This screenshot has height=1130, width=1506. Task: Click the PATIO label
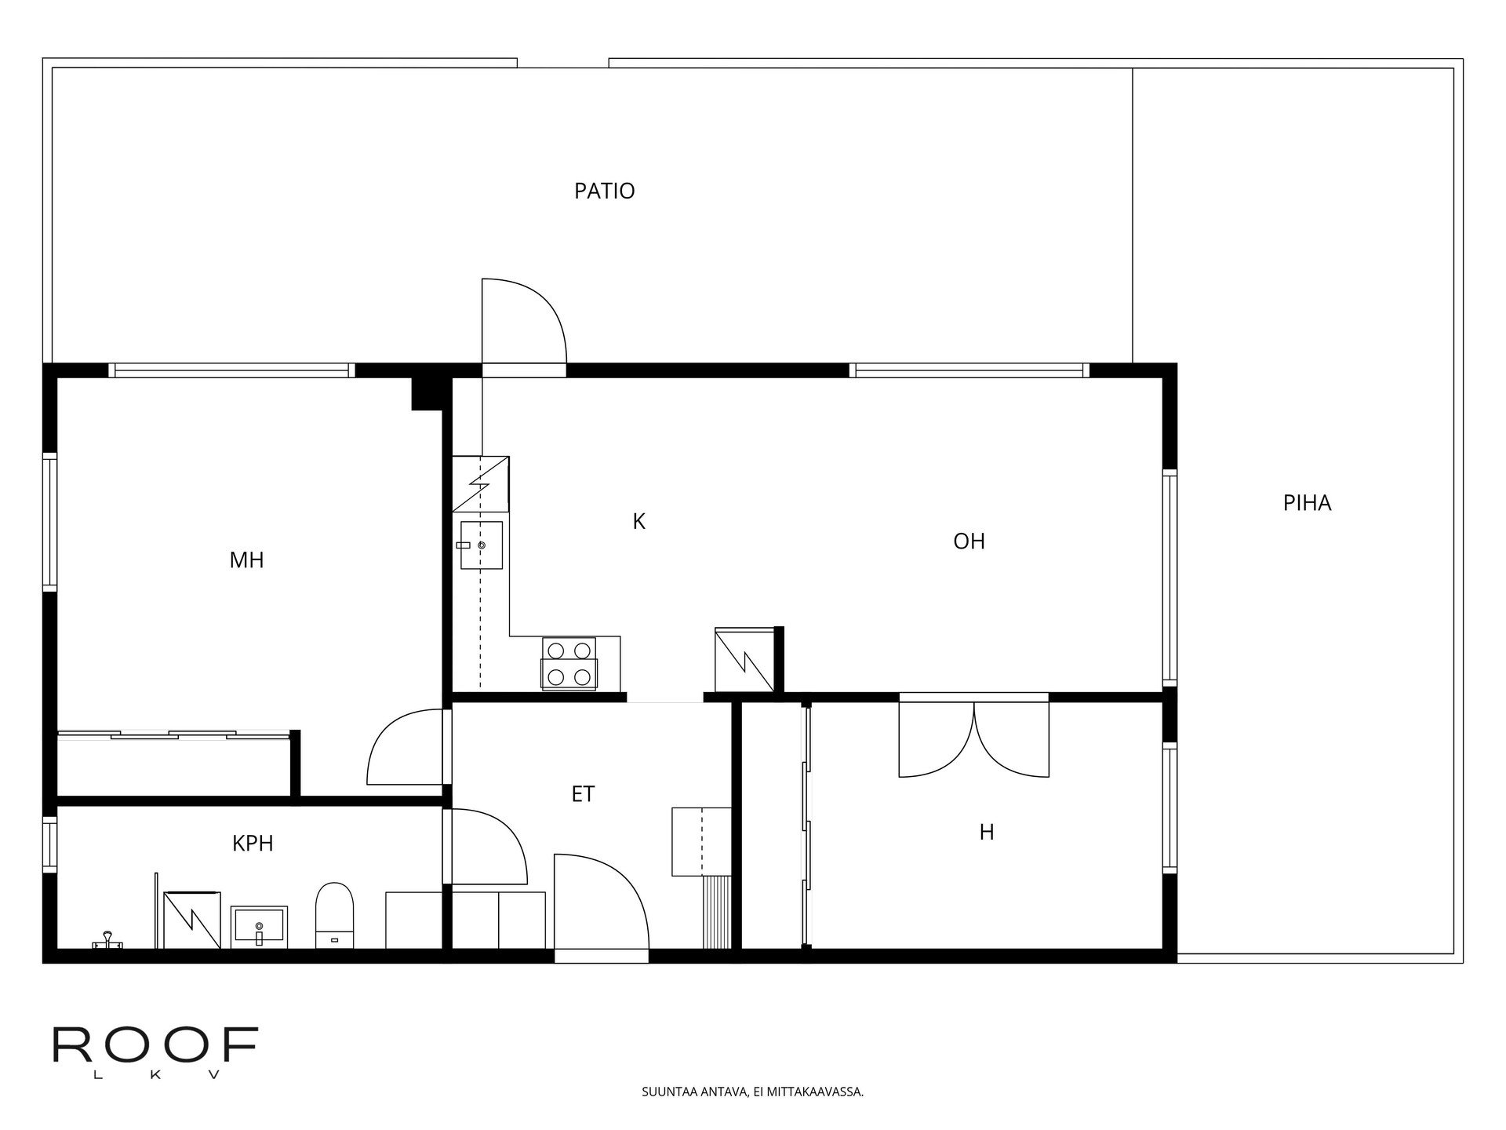click(x=604, y=191)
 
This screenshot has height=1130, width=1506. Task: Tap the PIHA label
click(x=1307, y=503)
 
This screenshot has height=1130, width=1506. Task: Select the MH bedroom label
click(x=246, y=560)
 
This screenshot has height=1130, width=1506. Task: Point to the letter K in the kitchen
click(x=638, y=521)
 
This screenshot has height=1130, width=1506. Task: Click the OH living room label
click(x=969, y=541)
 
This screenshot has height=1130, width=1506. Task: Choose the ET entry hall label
click(x=583, y=794)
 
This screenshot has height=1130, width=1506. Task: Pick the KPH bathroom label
click(x=253, y=844)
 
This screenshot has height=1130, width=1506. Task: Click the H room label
click(x=987, y=832)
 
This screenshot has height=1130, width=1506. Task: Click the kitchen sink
click(x=481, y=545)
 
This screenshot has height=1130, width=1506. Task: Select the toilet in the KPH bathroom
click(x=335, y=916)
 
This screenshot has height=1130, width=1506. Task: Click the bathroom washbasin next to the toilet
click(x=259, y=927)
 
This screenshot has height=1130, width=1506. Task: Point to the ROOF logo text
click(x=155, y=1044)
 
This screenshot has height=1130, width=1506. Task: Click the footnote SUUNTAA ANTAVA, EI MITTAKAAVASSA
click(x=753, y=1092)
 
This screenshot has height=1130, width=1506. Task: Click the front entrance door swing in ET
click(x=602, y=902)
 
